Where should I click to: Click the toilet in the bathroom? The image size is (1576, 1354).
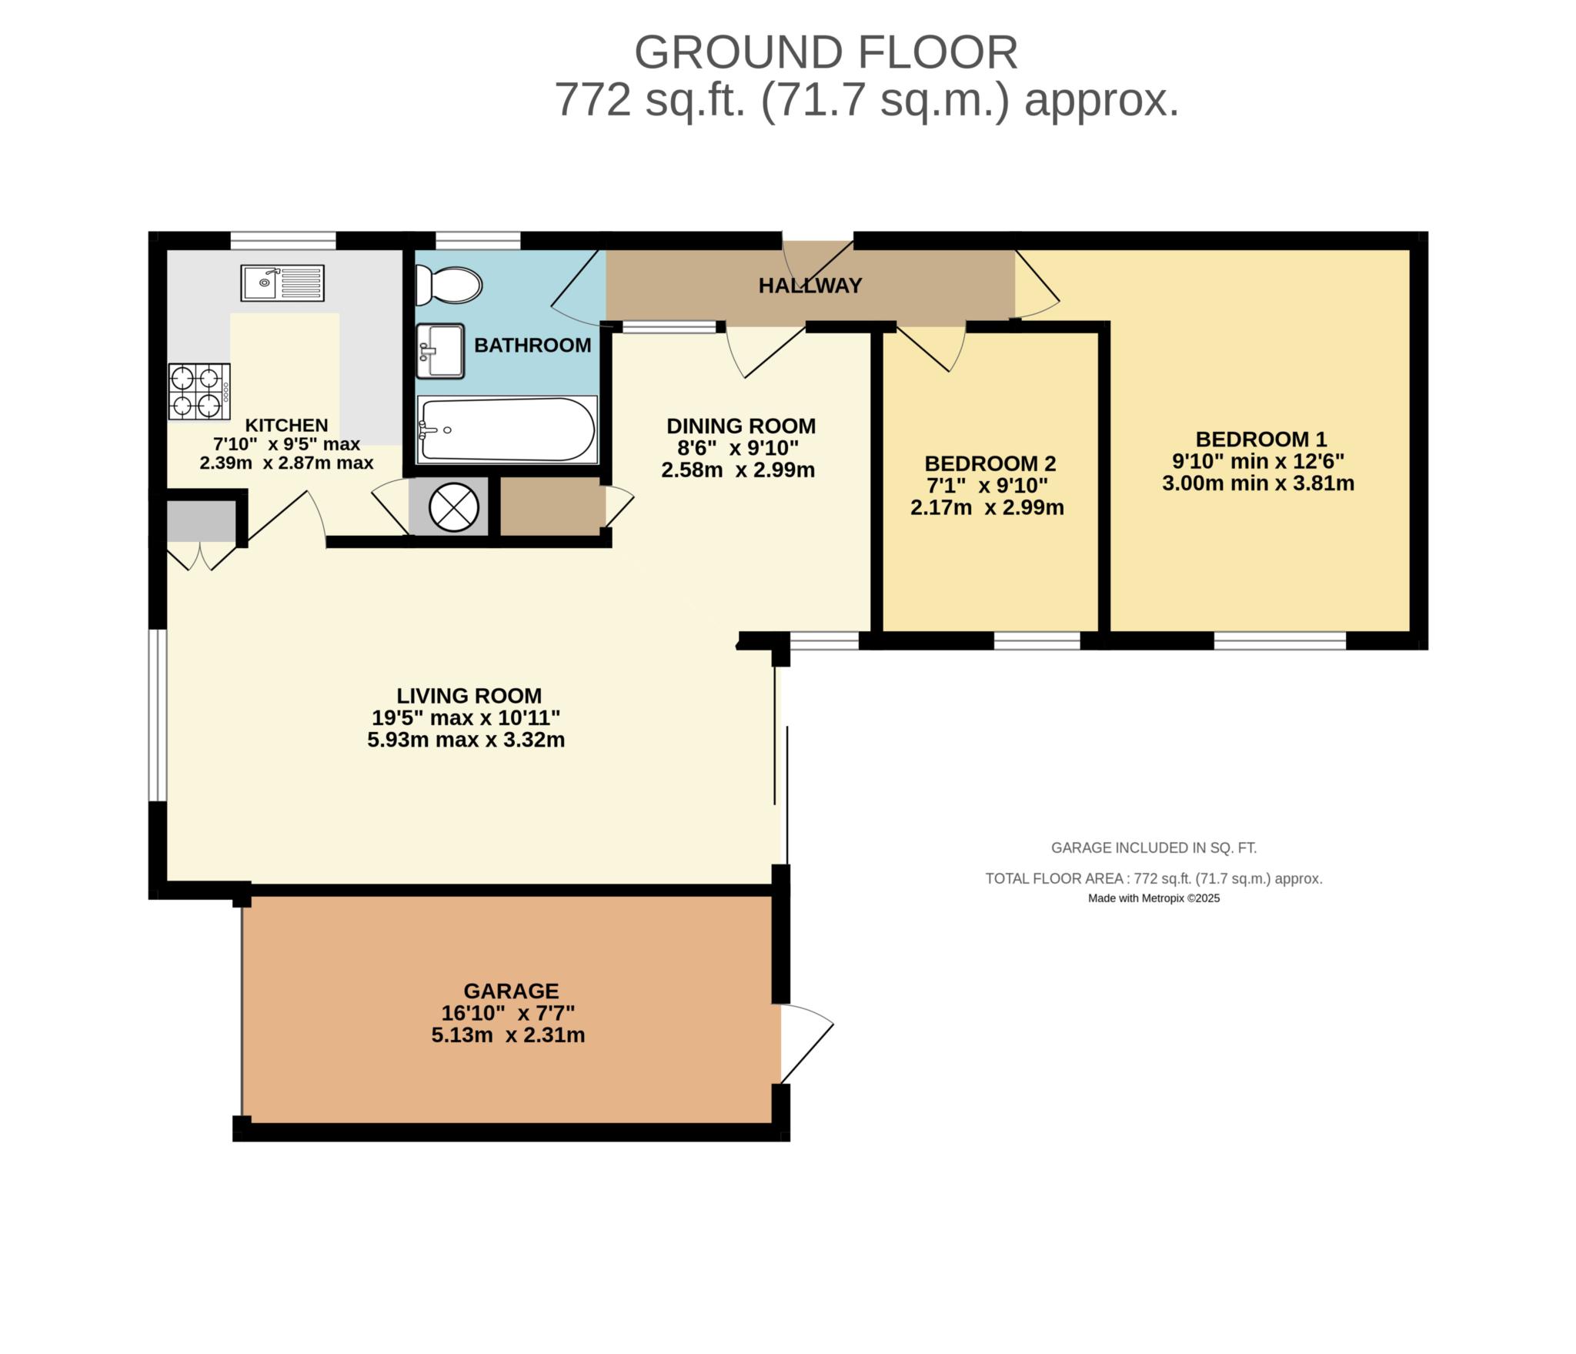click(448, 286)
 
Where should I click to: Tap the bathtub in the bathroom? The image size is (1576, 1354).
click(506, 430)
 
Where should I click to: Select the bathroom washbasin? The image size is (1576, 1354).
click(440, 351)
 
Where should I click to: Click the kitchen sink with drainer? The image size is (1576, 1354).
click(282, 283)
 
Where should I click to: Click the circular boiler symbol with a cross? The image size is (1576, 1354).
click(454, 507)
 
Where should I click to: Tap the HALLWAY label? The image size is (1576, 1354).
click(810, 286)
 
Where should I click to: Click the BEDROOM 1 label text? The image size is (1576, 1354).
click(1260, 440)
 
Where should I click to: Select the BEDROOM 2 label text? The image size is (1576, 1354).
click(990, 463)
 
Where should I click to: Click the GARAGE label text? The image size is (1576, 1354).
click(510, 991)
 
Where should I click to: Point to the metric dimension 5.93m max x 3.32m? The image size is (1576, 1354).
click(466, 741)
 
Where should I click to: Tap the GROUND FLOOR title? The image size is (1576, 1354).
click(825, 52)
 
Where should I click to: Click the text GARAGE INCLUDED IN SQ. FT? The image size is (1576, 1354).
click(1153, 848)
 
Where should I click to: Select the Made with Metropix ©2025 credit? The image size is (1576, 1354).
click(1153, 898)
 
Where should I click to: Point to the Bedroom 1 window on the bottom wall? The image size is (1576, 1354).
click(1280, 640)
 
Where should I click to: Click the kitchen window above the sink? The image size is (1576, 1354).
click(283, 240)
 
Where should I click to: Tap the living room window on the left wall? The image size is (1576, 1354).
click(157, 715)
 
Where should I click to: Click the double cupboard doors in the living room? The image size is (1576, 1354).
click(201, 556)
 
